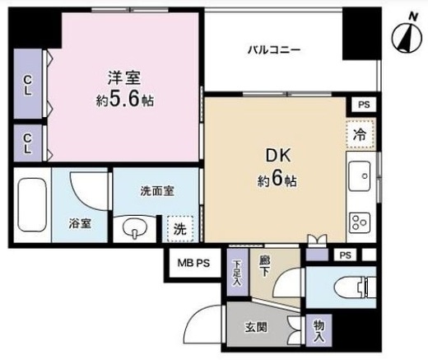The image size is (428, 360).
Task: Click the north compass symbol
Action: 407,38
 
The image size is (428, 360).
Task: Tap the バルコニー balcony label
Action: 274,50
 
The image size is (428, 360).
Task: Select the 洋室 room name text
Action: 124,77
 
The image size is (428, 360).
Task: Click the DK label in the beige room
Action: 278,156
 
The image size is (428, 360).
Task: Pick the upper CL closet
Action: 28,84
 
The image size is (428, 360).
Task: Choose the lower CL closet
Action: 28,143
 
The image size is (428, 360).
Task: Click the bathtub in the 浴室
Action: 32,205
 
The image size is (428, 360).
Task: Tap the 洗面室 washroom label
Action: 157,191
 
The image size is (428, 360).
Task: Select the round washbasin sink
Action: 135,228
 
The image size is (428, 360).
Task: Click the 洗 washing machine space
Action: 180,229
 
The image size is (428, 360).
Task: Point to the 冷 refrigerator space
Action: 361,134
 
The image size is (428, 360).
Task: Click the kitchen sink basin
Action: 360,176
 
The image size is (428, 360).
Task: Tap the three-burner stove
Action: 360,222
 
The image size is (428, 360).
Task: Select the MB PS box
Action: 193,264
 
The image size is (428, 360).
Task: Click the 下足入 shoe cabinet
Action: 238,273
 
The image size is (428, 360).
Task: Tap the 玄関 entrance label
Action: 256,327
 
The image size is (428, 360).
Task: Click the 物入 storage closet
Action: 319,330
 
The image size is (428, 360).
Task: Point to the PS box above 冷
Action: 364,105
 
